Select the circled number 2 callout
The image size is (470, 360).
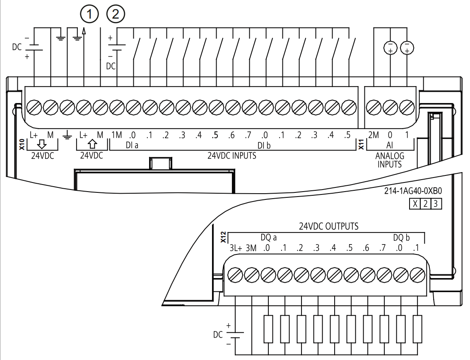click(116, 15)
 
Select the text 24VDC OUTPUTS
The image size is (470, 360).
click(329, 227)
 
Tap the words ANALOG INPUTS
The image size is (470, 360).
click(390, 160)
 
